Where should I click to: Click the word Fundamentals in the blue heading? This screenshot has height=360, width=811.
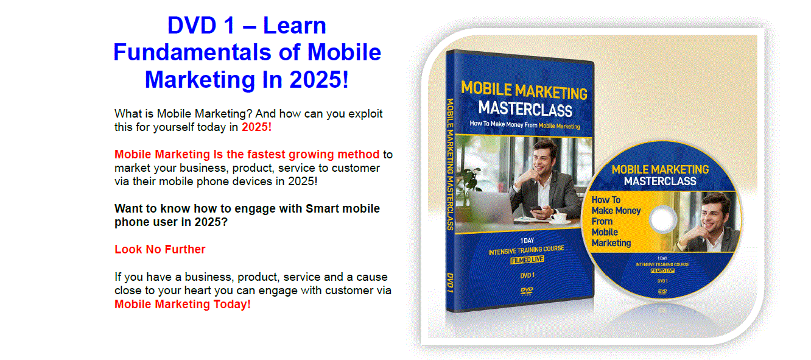192,52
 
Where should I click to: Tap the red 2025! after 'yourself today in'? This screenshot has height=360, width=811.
256,127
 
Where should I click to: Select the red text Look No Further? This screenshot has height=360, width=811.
160,249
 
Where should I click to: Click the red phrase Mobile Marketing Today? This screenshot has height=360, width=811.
183,304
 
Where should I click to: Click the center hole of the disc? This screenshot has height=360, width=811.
663,219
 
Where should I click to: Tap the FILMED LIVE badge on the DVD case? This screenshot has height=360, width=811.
527,259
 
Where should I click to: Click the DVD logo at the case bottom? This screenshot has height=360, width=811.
527,291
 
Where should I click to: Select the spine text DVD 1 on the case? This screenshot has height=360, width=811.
450,283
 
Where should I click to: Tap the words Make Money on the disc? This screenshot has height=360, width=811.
616,210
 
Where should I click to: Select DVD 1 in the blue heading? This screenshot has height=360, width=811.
202,26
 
